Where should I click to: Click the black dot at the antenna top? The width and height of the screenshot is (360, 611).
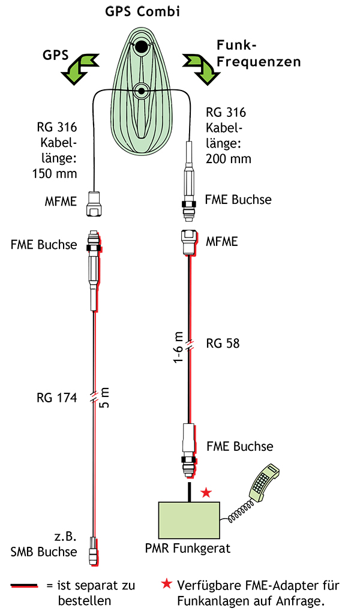[x=142, y=46]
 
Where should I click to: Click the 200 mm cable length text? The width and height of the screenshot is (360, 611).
[x=228, y=159]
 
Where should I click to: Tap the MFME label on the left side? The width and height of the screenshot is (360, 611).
[x=61, y=201]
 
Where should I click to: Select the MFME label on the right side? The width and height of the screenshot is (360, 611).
[x=221, y=242]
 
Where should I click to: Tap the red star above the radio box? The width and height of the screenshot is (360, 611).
[x=206, y=492]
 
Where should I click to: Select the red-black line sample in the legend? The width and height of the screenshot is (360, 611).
[x=25, y=585]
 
